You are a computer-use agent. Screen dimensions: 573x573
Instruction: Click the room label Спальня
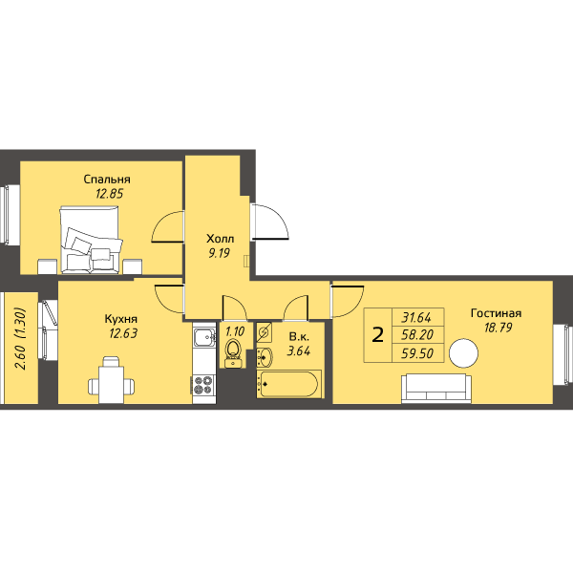(x=107, y=180)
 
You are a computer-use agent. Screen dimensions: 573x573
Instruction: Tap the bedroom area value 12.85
(x=109, y=193)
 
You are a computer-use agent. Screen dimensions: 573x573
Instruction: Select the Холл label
(x=221, y=239)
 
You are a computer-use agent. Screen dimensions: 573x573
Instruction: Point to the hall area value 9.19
(x=220, y=253)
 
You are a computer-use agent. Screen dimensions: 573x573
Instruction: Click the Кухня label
(x=121, y=319)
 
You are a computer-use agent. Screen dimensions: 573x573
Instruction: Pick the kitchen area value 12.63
(x=123, y=333)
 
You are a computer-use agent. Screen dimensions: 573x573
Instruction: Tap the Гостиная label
(x=496, y=313)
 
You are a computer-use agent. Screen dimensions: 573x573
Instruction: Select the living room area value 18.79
(x=498, y=328)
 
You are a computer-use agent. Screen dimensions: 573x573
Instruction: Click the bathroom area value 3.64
(x=299, y=351)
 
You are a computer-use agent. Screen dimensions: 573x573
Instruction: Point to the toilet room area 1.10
(x=235, y=331)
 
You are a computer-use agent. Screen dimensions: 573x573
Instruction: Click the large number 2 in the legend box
(x=377, y=335)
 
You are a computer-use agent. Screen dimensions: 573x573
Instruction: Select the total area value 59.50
(x=417, y=353)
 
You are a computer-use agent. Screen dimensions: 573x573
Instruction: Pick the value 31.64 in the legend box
(x=416, y=318)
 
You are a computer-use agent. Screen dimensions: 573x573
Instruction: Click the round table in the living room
(x=463, y=353)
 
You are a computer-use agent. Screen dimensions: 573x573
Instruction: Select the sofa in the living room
(x=436, y=389)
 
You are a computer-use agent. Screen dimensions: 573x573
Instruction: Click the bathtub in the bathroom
(x=288, y=384)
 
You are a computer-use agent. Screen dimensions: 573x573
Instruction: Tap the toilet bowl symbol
(x=232, y=350)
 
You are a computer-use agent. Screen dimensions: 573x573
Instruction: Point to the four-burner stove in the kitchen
(x=203, y=385)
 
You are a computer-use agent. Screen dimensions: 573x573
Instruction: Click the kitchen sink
(x=204, y=337)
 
